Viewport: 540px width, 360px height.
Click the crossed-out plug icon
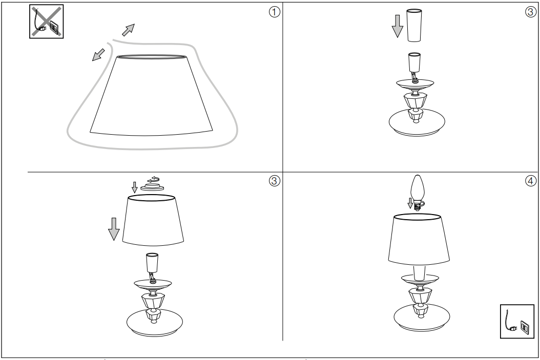tap(47, 22)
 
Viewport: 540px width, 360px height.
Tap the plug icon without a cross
tap(517, 321)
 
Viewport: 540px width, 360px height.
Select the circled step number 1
tap(274, 12)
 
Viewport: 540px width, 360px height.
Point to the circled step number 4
tap(531, 181)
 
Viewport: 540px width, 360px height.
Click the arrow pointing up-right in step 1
tap(129, 30)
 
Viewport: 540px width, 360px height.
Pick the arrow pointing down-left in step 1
tap(98, 55)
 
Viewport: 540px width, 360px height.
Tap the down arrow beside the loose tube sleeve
tap(398, 26)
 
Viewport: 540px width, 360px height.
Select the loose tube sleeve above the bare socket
tap(414, 25)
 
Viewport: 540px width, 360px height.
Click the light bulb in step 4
tap(418, 192)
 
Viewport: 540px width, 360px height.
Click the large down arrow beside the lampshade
tap(114, 229)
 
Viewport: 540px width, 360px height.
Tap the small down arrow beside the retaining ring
tap(135, 187)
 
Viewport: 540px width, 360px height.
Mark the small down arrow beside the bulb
tap(410, 203)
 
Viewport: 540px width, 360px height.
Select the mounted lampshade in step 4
tap(419, 239)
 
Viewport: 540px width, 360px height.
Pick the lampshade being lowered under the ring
tap(153, 220)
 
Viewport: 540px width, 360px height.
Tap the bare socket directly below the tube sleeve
tap(414, 62)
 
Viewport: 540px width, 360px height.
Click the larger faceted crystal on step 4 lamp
tap(420, 295)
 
